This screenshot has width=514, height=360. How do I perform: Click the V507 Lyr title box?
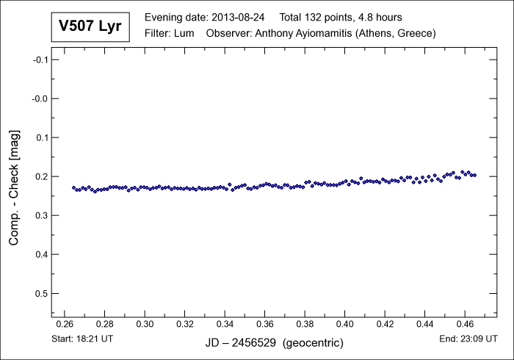[92, 27]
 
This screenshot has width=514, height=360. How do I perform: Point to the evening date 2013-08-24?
[237, 17]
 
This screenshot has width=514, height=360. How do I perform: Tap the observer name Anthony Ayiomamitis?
[306, 34]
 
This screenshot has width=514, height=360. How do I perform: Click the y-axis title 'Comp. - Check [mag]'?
[14, 187]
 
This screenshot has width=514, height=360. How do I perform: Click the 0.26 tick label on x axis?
[65, 323]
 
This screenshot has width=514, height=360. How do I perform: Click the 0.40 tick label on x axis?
[345, 323]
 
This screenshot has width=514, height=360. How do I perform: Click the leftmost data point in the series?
[73, 188]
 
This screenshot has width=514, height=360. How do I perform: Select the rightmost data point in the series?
[474, 175]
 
